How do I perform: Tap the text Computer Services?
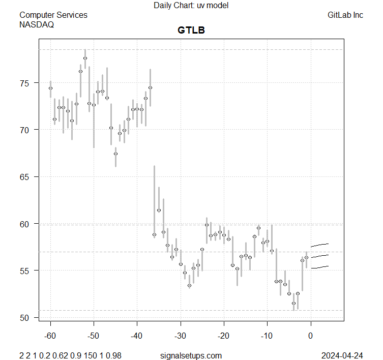pos(53,15)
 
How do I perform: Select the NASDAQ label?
pos(37,24)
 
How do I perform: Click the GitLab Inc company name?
pos(345,15)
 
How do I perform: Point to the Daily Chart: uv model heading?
pos(191,6)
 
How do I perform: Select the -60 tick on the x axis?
pos(50,336)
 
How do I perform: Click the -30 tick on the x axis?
pos(181,336)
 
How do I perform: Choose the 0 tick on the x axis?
pos(310,336)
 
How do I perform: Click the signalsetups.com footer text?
pos(191,355)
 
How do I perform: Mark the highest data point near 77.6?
pos(85,58)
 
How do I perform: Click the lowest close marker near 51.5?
pos(293,303)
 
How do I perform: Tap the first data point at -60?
pos(50,88)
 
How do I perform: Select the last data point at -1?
pos(306,257)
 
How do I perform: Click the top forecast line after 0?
pos(320,245)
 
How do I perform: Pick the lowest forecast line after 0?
pos(320,267)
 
